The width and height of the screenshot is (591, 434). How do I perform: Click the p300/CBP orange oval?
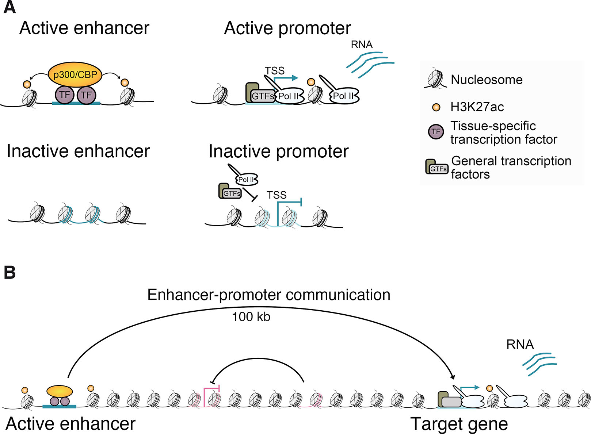[75, 74]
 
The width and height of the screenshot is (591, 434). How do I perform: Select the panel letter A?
[9, 7]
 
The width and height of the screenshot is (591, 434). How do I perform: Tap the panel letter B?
[9, 273]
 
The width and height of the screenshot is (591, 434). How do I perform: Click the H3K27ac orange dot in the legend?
[436, 107]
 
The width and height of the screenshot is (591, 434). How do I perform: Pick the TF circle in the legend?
[436, 132]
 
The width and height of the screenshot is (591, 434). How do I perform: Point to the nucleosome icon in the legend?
[435, 78]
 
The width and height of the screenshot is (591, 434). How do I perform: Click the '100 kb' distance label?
[251, 317]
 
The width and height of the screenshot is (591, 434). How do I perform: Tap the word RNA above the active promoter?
[362, 45]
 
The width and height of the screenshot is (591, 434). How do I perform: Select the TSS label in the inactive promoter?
[277, 195]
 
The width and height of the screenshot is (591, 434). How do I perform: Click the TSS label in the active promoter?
[274, 70]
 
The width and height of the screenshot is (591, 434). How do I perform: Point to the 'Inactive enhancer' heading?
[78, 151]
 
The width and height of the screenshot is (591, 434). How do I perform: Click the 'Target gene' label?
[459, 424]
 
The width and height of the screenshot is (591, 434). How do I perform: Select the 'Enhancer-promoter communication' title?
[268, 295]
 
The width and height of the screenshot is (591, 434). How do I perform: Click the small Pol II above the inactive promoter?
[247, 180]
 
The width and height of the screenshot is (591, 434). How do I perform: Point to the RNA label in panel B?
[520, 345]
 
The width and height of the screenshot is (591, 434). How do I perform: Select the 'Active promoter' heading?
[287, 28]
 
